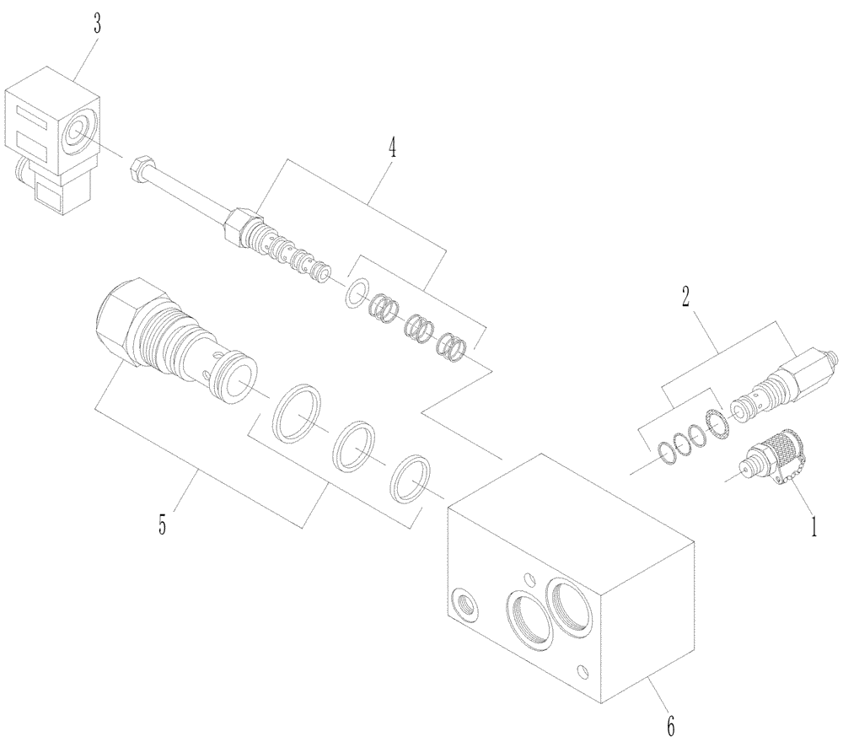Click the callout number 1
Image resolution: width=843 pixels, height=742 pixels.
[x=813, y=528]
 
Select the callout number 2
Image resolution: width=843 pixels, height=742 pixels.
[x=685, y=296]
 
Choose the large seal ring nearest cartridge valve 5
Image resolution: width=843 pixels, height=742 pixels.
[x=296, y=413]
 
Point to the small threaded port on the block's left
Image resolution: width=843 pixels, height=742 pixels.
[x=464, y=604]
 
